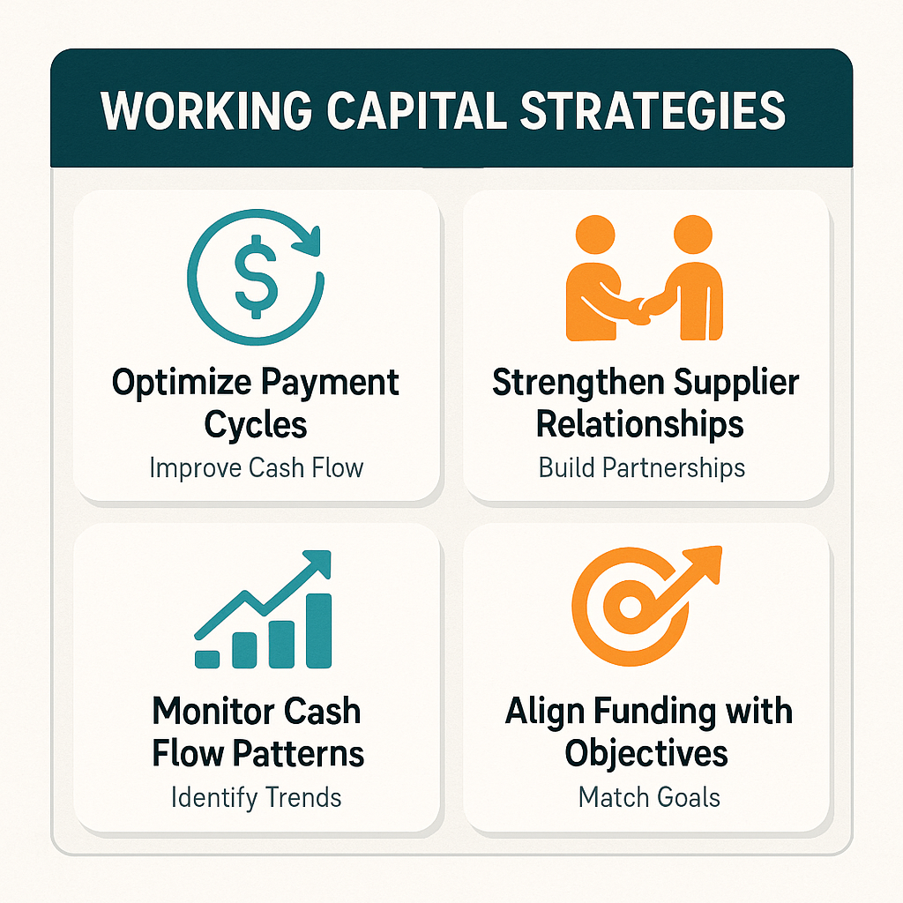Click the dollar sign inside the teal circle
257,275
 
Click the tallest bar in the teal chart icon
317,631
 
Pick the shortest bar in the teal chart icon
207,658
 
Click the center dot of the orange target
629,608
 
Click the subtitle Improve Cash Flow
257,466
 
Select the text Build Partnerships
642,466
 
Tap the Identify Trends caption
257,797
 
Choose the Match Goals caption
649,797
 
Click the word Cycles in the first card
256,424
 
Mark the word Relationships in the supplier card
640,424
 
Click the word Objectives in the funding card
646,754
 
